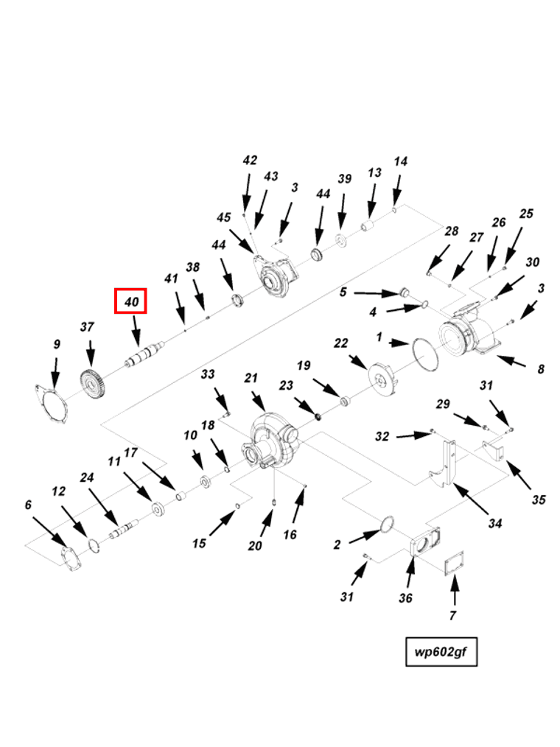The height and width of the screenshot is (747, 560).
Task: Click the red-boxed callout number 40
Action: click(131, 301)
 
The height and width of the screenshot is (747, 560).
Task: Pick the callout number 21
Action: click(251, 378)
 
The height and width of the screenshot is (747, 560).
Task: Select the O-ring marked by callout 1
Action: click(425, 354)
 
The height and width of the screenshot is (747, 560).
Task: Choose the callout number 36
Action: click(405, 598)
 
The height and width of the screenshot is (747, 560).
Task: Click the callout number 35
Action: click(539, 500)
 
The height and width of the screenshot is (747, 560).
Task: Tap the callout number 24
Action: click(87, 477)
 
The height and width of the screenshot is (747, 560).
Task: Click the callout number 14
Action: click(400, 161)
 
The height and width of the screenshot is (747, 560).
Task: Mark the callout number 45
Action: click(223, 217)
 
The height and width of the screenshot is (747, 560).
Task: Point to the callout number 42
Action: click(250, 160)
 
